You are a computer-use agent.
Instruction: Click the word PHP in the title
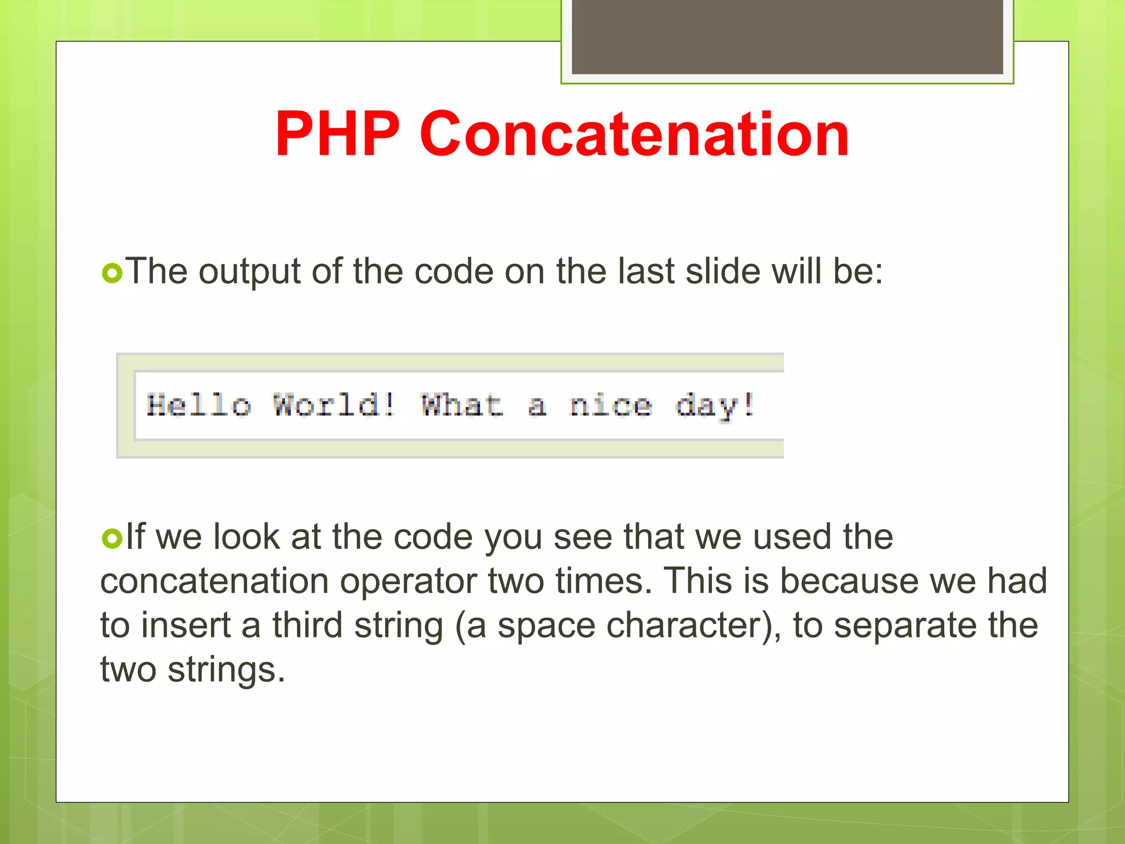(337, 134)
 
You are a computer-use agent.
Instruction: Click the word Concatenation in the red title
(634, 134)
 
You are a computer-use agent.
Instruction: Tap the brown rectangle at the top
(787, 36)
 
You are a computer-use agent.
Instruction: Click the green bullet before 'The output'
(112, 273)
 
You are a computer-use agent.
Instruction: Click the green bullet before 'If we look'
(112, 538)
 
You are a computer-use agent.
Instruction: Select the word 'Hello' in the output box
(199, 406)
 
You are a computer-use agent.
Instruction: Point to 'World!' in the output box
(334, 406)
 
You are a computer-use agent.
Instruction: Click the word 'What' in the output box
(461, 406)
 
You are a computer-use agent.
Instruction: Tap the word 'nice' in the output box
(611, 406)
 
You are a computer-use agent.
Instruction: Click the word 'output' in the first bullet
(249, 271)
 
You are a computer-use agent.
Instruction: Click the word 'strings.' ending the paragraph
(226, 670)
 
